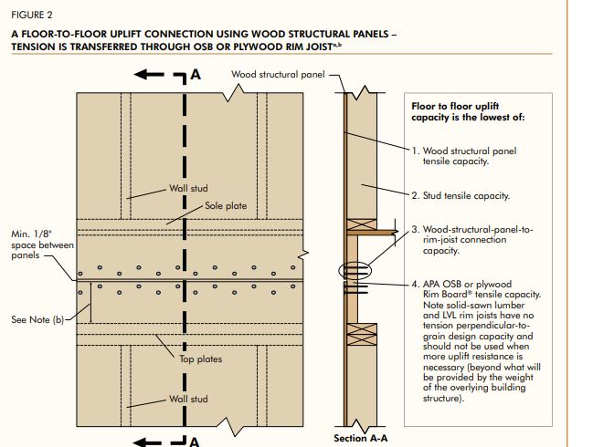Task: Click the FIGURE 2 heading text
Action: click(x=30, y=16)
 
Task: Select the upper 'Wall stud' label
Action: click(x=189, y=189)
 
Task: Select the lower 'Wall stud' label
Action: click(x=189, y=400)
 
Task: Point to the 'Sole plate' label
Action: click(x=226, y=206)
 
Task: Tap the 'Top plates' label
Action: click(x=200, y=359)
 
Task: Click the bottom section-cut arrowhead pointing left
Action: click(x=143, y=440)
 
